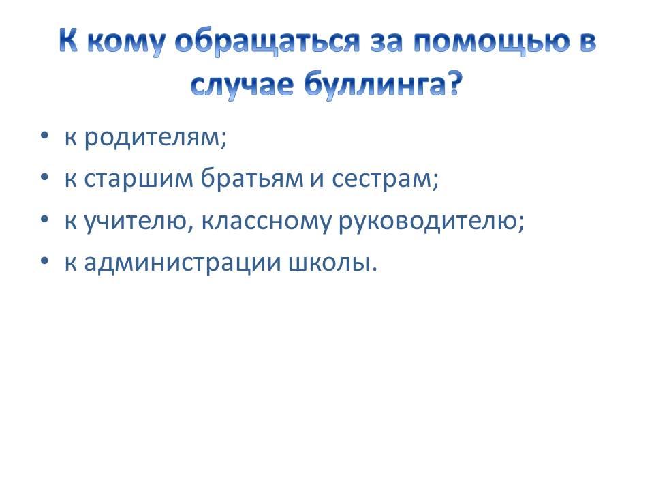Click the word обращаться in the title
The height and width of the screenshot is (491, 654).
(267, 42)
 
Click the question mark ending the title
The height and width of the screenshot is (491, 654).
(450, 83)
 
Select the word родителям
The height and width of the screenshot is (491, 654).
(151, 137)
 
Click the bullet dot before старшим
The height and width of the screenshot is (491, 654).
(45, 177)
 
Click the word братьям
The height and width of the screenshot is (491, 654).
(252, 178)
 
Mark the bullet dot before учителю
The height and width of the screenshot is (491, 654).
(45, 220)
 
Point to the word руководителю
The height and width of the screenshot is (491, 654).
(428, 222)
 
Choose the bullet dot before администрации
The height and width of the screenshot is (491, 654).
(45, 261)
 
